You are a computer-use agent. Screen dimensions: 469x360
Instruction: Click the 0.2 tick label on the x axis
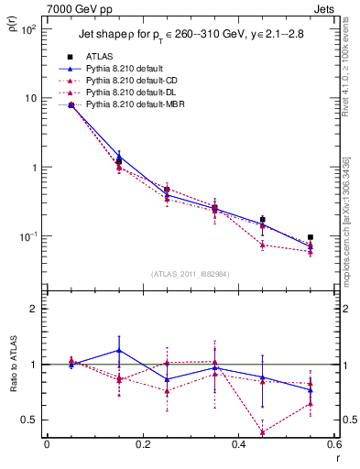point(142,444)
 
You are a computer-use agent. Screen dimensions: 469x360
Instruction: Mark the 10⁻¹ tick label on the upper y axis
point(28,236)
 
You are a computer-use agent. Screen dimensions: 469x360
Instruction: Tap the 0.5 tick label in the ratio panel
point(30,420)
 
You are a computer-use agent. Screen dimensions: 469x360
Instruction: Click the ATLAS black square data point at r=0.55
point(311,237)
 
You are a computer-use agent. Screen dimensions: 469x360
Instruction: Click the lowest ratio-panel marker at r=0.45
point(263,432)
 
